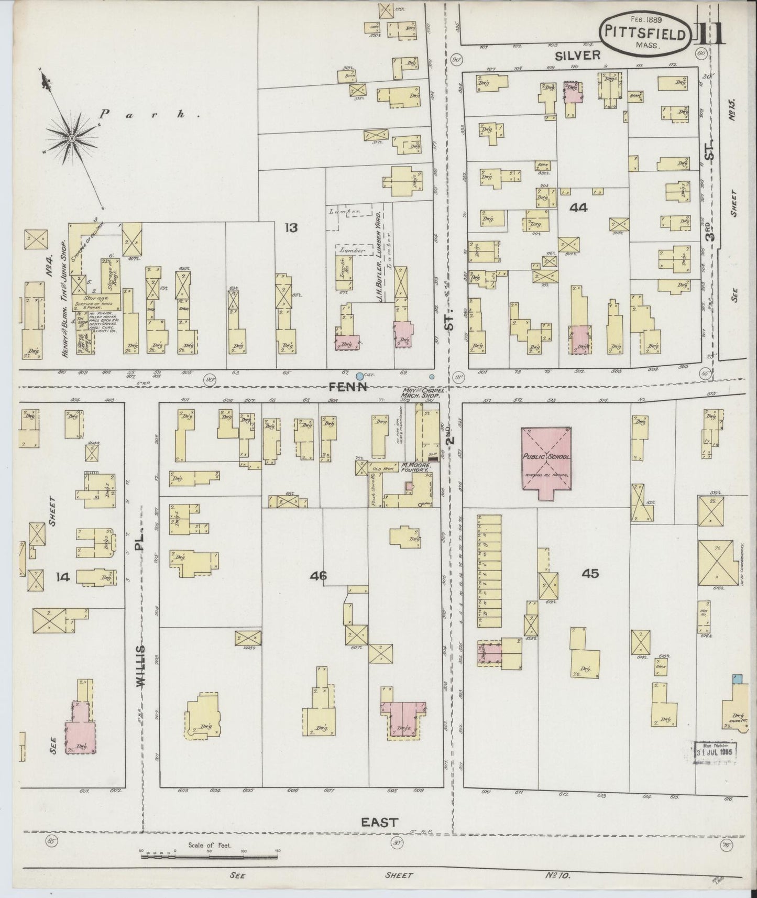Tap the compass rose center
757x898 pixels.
pyautogui.click(x=71, y=138)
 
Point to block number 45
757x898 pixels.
pyautogui.click(x=589, y=573)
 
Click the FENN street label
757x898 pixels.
pyautogui.click(x=347, y=387)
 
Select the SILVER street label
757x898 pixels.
pyautogui.click(x=580, y=54)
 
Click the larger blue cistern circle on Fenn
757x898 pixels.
pyautogui.click(x=359, y=376)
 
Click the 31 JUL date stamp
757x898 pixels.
pyautogui.click(x=716, y=753)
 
